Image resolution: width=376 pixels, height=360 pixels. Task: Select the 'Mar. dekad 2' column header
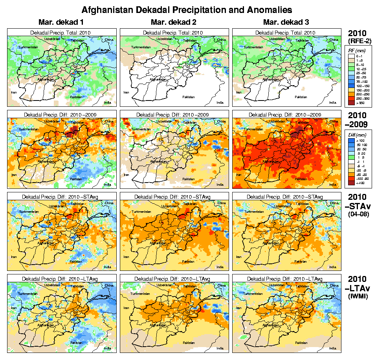click(173, 22)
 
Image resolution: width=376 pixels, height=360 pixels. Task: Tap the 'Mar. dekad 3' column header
click(286, 22)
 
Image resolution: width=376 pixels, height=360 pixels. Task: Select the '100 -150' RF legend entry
click(361, 85)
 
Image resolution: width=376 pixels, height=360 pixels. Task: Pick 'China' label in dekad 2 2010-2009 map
click(222, 121)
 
